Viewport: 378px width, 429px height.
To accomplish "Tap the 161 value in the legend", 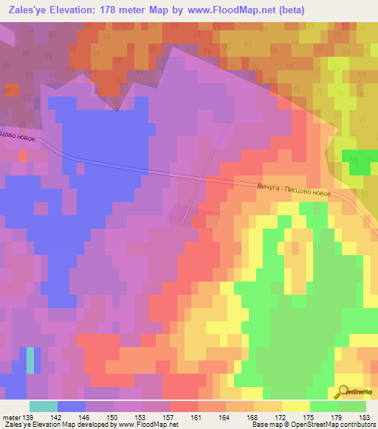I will pyautogui.click(x=196, y=417).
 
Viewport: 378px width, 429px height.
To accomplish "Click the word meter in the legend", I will pyautogui.click(x=11, y=417).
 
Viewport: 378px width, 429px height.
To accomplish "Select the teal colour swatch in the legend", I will pyautogui.click(x=44, y=406).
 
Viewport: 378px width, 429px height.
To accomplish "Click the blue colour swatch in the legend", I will pyautogui.click(x=72, y=406).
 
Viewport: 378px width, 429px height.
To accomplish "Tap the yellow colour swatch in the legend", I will pyautogui.click(x=295, y=406).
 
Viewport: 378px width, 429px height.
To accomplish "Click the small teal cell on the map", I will pyautogui.click(x=30, y=360).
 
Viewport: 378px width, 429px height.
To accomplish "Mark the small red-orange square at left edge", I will pyautogui.click(x=23, y=156).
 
